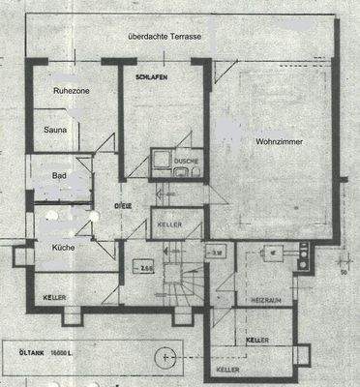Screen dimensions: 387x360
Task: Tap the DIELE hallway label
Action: (123, 207)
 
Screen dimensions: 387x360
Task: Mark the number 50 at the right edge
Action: (344, 272)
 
